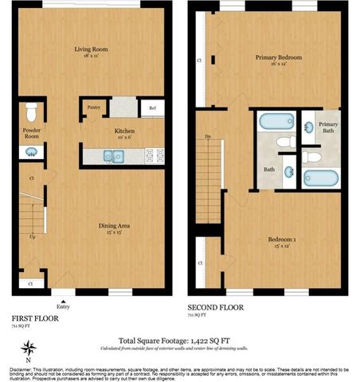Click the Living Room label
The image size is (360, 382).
(91, 50)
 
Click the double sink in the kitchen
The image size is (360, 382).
(113, 156)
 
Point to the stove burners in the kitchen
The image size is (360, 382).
(155, 155)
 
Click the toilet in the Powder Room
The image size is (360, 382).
(32, 111)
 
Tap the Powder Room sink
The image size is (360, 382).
(33, 151)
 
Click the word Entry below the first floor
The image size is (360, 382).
(63, 306)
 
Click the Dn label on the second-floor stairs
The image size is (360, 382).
(208, 137)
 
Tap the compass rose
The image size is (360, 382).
(29, 348)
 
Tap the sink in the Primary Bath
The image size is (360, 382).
(307, 127)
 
